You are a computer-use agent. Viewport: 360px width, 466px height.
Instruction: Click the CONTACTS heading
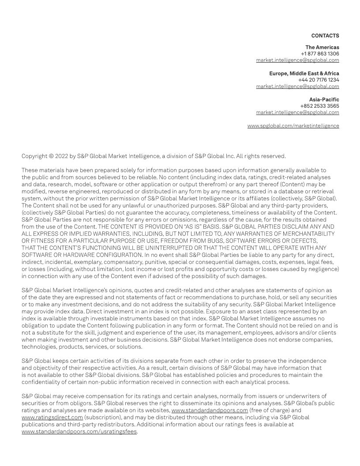[x=325, y=36]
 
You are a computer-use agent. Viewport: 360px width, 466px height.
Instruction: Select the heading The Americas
[x=322, y=47]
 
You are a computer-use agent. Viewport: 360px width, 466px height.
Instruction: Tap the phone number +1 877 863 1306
[x=320, y=54]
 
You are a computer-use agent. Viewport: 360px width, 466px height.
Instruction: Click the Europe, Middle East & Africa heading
[x=304, y=73]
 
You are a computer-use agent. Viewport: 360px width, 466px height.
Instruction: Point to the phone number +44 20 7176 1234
[x=319, y=80]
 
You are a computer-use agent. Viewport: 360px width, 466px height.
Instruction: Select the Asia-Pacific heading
[x=324, y=100]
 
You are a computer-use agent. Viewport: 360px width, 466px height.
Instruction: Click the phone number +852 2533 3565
[x=319, y=106]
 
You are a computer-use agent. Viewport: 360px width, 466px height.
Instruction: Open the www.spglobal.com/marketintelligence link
[x=293, y=126]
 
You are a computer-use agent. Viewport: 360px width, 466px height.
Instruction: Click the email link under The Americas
[x=297, y=60]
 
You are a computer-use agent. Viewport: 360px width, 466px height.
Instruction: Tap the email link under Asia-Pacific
[x=297, y=113]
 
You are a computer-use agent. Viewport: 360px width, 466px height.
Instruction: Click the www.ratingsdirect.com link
[x=52, y=417]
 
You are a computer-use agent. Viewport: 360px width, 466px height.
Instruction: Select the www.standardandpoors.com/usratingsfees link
[x=79, y=432]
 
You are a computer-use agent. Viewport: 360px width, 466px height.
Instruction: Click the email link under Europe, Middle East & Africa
[x=297, y=86]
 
